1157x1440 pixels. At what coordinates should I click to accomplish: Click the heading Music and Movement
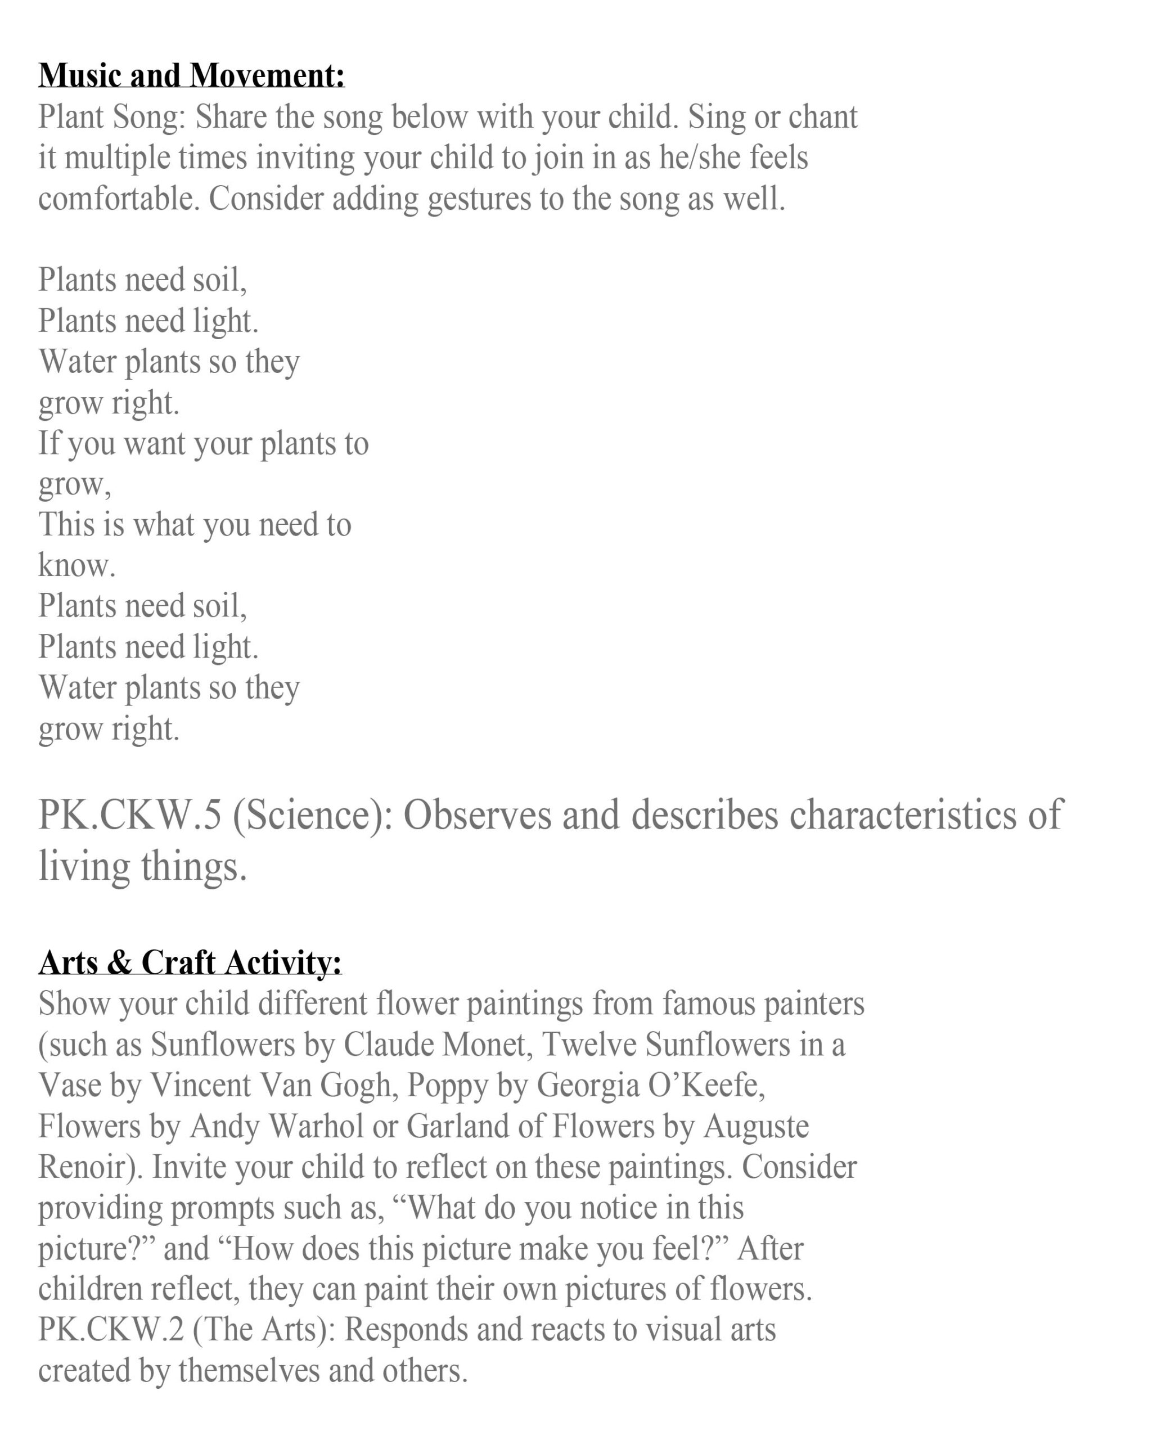coord(192,75)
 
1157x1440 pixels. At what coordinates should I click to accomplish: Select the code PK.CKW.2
coord(110,1329)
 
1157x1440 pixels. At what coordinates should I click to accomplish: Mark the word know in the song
coord(75,566)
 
